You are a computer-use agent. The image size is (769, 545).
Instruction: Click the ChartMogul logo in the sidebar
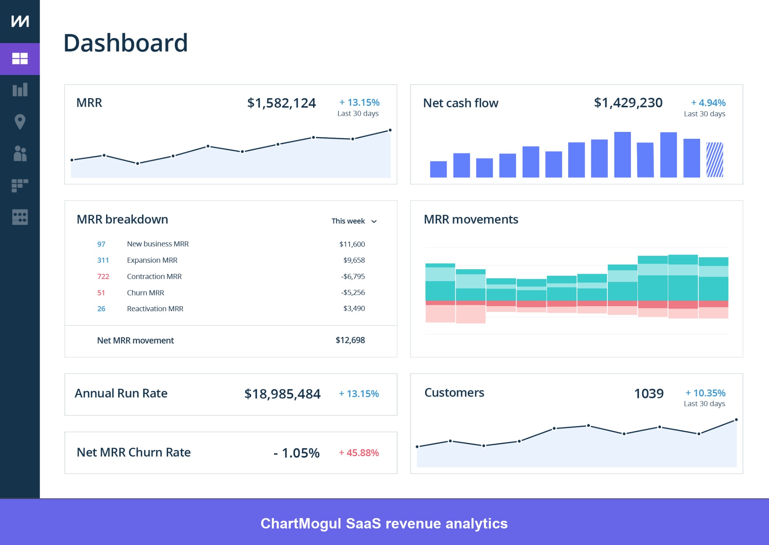(20, 21)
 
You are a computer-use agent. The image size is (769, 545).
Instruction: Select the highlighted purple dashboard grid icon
(20, 59)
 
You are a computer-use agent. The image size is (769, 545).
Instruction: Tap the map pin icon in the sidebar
(20, 122)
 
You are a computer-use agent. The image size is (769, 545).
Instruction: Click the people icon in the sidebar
(20, 153)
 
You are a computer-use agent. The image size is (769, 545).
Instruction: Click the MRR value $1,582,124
(281, 103)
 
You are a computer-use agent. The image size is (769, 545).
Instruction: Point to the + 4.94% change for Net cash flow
(708, 103)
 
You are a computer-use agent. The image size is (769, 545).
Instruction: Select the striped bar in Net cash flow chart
(715, 160)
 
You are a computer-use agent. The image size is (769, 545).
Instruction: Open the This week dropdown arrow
(374, 222)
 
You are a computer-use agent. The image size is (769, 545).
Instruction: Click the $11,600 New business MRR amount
(352, 244)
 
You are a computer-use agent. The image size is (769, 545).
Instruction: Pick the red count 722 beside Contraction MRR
(103, 277)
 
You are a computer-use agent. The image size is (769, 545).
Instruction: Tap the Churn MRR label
(145, 293)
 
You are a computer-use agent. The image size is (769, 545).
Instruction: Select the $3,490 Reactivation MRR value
(354, 308)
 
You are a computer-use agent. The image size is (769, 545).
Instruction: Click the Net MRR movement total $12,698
(350, 340)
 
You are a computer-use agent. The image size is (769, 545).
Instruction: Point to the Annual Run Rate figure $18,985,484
(282, 394)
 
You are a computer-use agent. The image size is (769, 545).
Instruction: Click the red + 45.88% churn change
(359, 453)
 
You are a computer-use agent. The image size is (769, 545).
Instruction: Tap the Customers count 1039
(649, 393)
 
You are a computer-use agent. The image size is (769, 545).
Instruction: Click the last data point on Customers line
(736, 420)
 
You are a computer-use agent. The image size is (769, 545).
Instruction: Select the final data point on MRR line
(390, 130)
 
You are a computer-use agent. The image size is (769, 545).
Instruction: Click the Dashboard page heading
(125, 43)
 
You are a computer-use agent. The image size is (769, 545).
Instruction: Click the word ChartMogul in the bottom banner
(300, 523)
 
